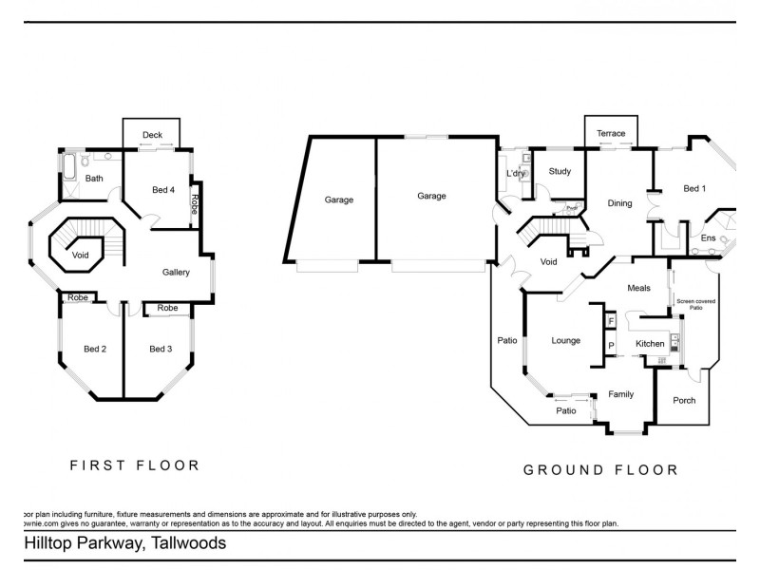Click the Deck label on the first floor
coord(152,135)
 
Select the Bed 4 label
coord(163,190)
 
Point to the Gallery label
coord(176,273)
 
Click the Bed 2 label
coord(95,349)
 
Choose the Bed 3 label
coord(161,349)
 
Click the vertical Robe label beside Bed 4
coord(195,204)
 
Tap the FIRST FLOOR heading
coord(135,465)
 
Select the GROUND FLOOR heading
coord(600,469)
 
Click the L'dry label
coord(515,174)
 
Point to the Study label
coord(560,171)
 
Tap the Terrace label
coord(611,134)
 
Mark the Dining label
coord(619,202)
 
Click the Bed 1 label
coord(694,189)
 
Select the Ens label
coord(708,237)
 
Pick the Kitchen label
coord(650,343)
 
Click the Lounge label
coord(566,340)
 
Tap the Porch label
coord(684,400)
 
